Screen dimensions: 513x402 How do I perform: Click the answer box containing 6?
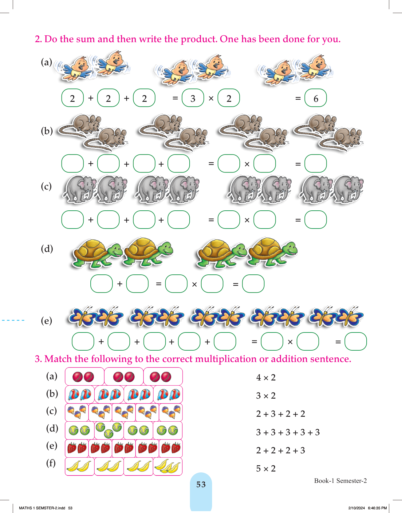point(315,98)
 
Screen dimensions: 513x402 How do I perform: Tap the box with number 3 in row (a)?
point(193,98)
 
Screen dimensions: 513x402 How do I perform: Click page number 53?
point(201,484)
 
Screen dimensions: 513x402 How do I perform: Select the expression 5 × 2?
point(266,468)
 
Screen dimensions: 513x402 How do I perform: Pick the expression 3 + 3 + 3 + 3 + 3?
point(288,432)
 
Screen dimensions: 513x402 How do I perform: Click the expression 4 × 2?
point(266,377)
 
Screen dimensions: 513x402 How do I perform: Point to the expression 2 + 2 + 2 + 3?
point(281,450)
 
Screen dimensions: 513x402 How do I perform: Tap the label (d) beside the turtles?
point(47,249)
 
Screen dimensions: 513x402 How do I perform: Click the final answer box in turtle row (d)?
point(253,284)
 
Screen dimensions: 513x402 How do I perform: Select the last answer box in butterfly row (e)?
point(356,341)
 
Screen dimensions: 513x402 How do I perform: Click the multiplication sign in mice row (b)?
point(247,164)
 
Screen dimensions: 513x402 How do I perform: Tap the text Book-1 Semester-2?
point(340,481)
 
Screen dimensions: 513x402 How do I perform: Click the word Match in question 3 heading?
point(58,359)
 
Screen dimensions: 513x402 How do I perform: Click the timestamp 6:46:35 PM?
point(377,508)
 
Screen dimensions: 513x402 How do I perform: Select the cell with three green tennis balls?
point(109,430)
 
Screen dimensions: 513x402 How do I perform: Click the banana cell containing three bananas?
point(167,467)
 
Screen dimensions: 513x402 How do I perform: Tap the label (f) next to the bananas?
point(51,463)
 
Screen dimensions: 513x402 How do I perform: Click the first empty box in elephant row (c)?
point(73,220)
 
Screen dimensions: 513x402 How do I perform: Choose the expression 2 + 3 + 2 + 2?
point(281,414)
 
